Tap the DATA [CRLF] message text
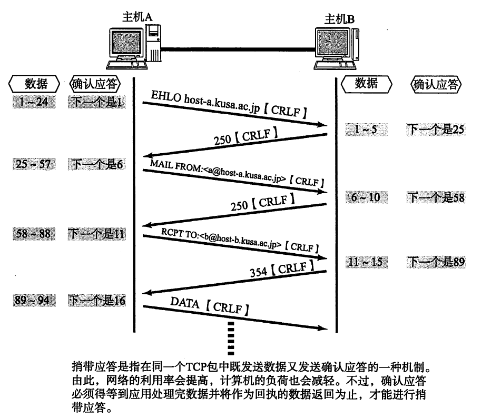(x=210, y=306)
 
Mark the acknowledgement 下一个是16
(x=97, y=301)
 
